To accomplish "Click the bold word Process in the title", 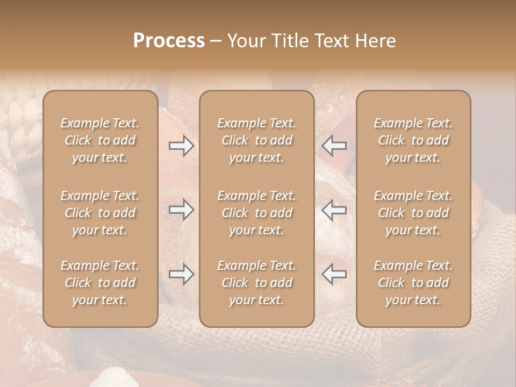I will coord(169,41).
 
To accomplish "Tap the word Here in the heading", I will coord(375,41).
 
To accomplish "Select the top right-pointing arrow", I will coord(181,146).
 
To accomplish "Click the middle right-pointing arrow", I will coord(181,210).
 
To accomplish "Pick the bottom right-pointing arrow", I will coord(181,275).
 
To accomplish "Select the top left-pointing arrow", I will coord(334,146).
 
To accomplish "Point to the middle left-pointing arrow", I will coord(334,210).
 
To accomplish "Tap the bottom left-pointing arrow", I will coord(334,274).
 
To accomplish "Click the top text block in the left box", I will coord(100,140).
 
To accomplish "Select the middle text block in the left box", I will coord(100,213).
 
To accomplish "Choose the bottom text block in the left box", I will coord(100,283).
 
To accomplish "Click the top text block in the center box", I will coord(256,140).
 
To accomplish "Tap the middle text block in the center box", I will coord(256,213).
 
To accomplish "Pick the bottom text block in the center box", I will coord(256,283).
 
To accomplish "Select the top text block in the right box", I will coord(413,140).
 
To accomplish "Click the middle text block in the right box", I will coord(413,213).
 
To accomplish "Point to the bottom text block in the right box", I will coord(413,283).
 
